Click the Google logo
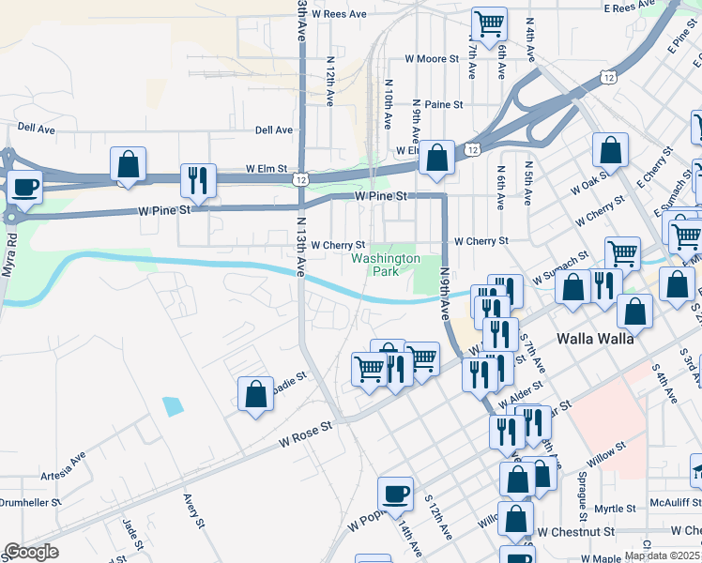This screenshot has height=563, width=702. click(31, 552)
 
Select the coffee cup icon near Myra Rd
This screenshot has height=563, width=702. click(25, 185)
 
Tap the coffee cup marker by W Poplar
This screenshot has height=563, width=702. click(395, 493)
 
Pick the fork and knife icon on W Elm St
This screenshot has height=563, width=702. click(198, 178)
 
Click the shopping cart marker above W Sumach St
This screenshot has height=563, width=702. click(621, 252)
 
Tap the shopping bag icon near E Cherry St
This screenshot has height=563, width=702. click(610, 150)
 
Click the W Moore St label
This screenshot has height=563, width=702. click(432, 58)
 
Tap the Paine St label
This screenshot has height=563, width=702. click(444, 105)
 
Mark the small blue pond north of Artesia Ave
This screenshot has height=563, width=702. click(173, 406)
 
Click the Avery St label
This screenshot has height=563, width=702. click(194, 512)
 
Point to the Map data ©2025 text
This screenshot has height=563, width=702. click(662, 555)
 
